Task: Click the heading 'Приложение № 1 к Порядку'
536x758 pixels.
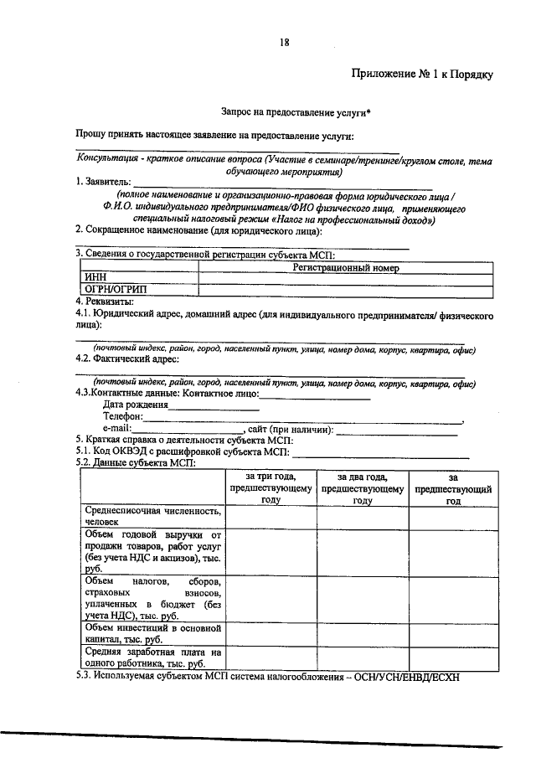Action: [x=423, y=75]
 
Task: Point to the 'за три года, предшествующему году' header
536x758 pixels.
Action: [x=269, y=487]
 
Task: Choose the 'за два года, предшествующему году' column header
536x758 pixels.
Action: [x=362, y=487]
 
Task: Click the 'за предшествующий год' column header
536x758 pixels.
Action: [x=453, y=487]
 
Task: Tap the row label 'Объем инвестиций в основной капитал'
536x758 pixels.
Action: [x=152, y=632]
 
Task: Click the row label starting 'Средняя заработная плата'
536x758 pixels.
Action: [x=152, y=656]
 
